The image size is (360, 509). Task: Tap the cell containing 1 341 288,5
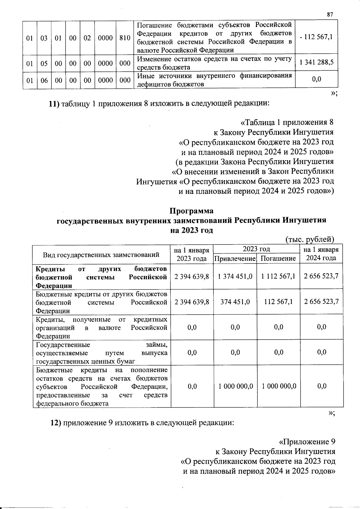pos(316,63)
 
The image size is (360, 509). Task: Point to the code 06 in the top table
pos(44,80)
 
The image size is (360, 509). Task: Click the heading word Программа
pos(191,211)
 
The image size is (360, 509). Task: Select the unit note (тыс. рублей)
pos(309,239)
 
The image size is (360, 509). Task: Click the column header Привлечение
pos(235,259)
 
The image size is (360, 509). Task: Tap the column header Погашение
pos(278,259)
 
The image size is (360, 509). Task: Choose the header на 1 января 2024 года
pos(321,254)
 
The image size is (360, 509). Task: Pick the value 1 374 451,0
pos(235,276)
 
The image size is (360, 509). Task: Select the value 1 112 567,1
pos(278,276)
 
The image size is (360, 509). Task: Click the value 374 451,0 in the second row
pos(235,302)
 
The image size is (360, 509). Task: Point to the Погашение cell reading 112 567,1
pos(278,302)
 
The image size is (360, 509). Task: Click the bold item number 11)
pos(55,104)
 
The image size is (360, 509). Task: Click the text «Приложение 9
pos(307,442)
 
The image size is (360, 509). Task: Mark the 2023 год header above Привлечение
pos(256,249)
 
